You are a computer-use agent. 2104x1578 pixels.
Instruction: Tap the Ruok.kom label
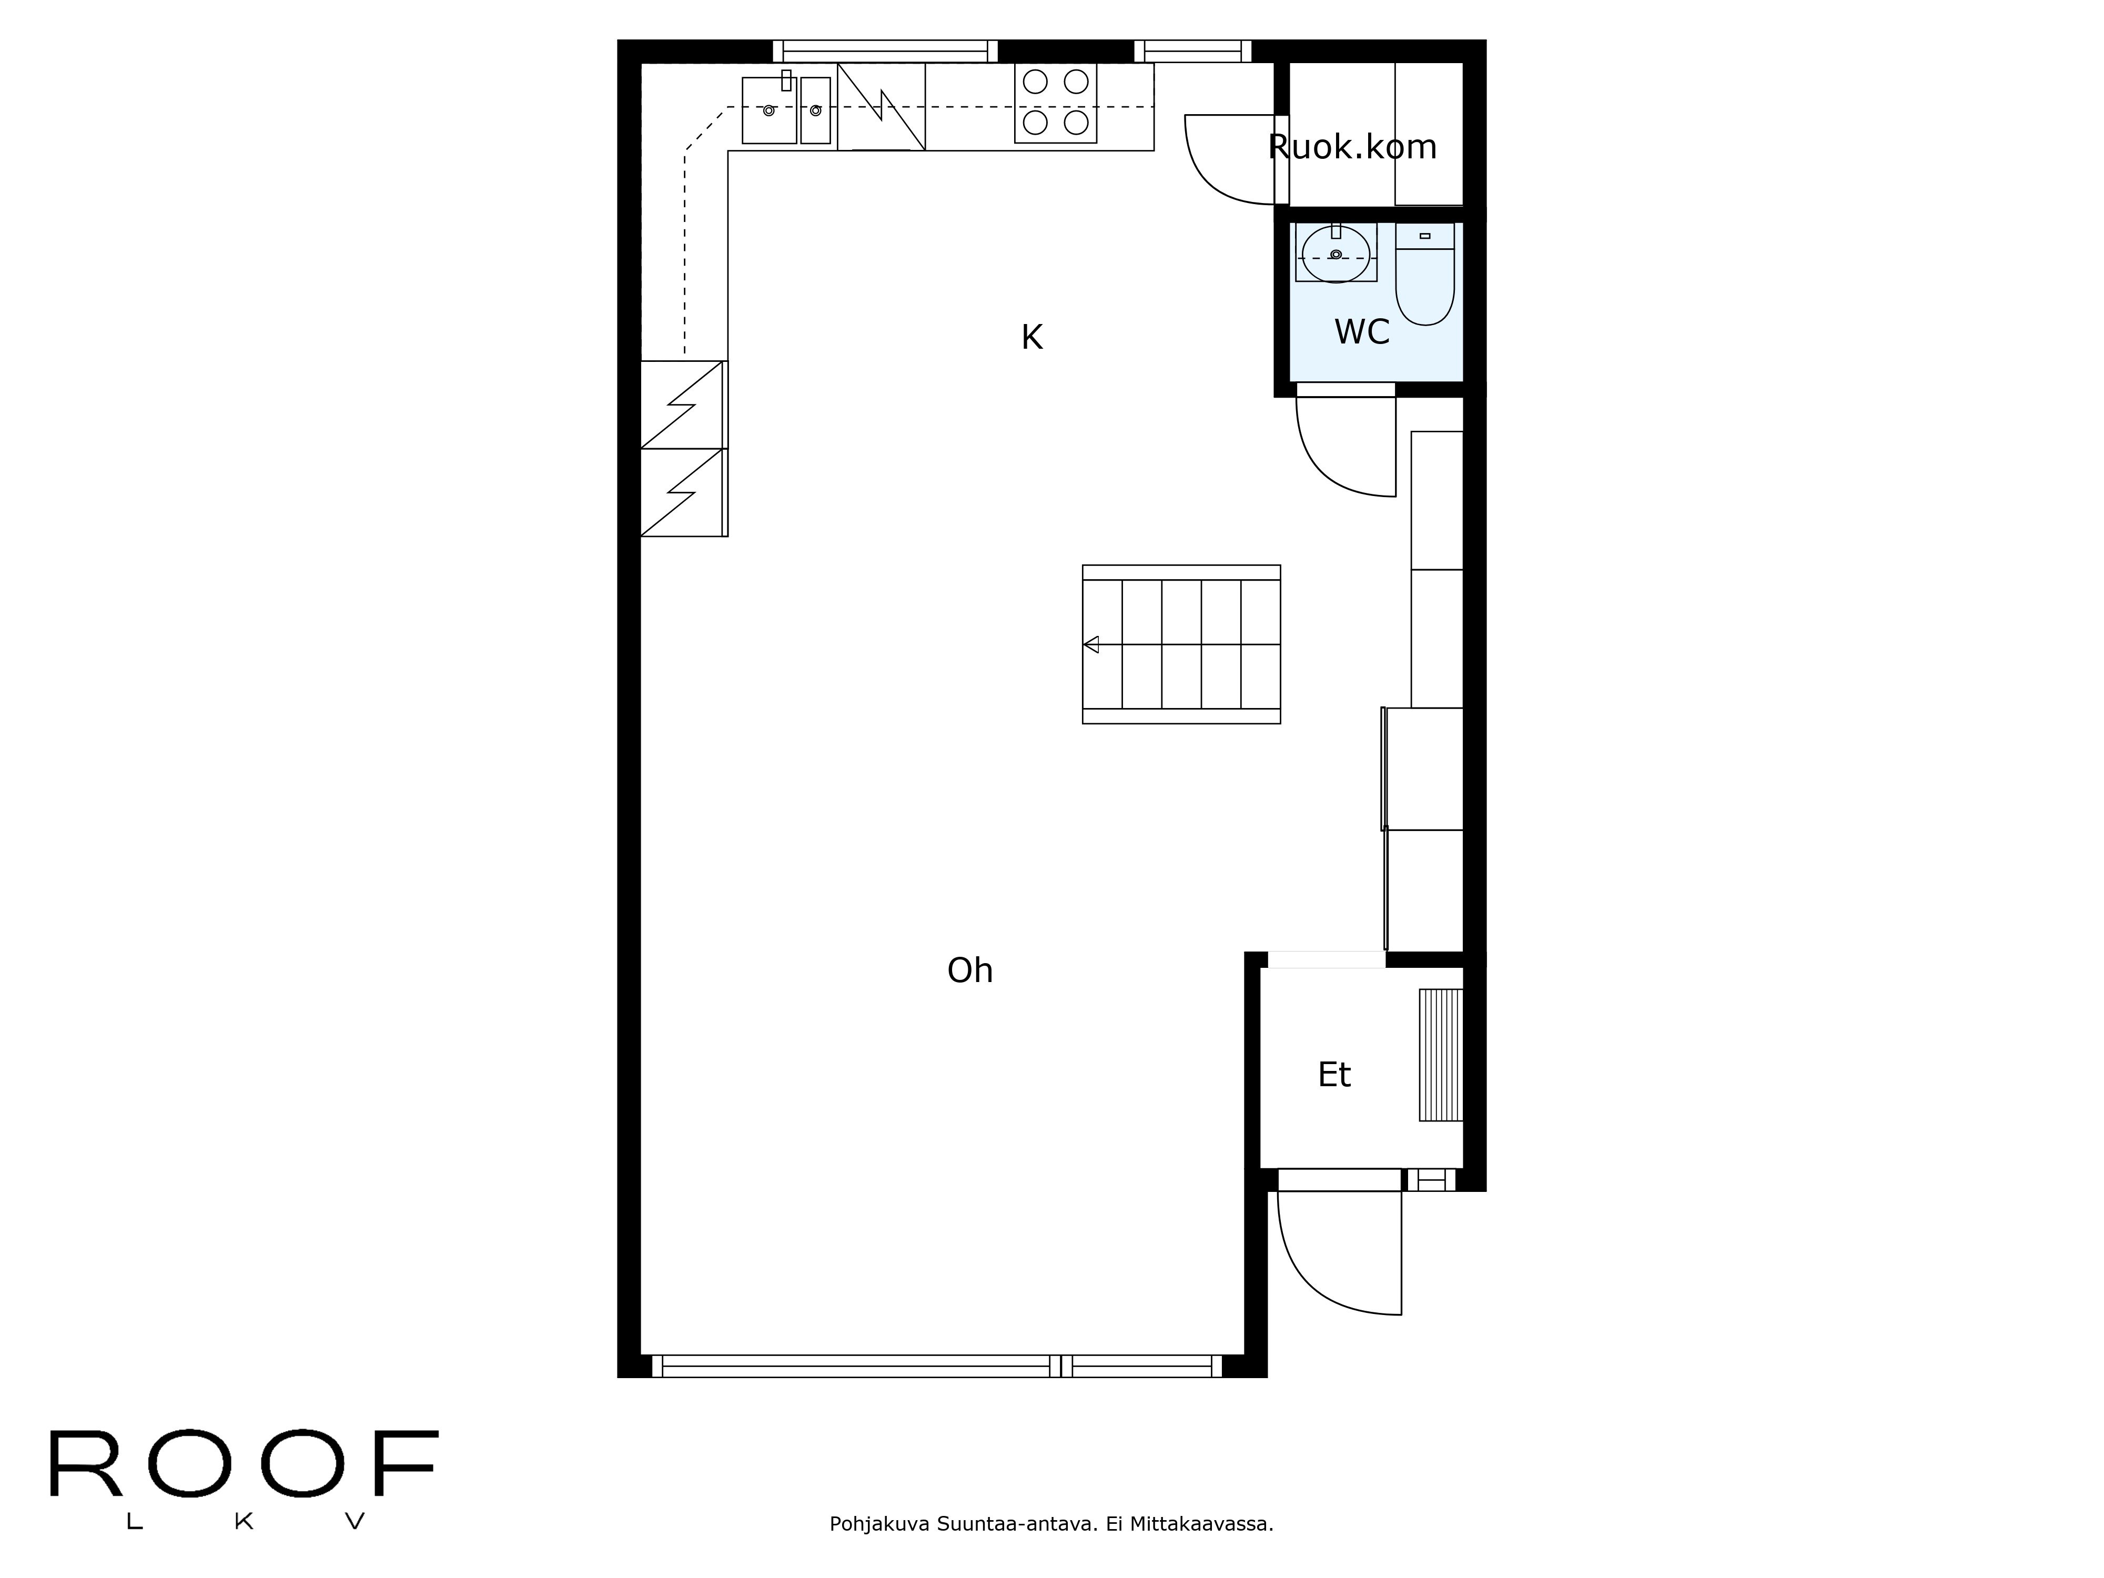1352,146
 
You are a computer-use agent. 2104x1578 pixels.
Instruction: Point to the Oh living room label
969,970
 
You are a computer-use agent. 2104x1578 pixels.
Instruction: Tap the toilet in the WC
1425,274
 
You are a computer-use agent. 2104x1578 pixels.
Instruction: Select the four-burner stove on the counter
1056,103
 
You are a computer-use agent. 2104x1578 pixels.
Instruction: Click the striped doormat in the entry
1440,1055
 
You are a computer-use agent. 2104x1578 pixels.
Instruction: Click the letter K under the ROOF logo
244,1522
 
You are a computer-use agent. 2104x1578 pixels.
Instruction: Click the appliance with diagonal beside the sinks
881,107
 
